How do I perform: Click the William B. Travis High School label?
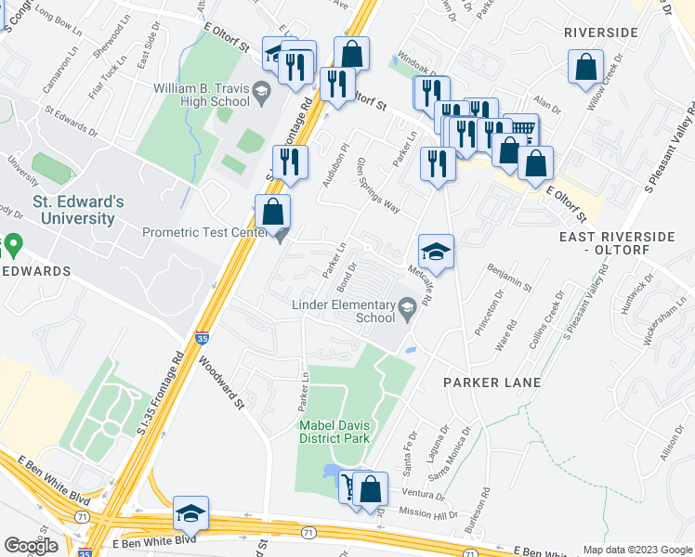[201, 96]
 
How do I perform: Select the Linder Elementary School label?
[343, 310]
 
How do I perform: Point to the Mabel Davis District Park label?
[334, 432]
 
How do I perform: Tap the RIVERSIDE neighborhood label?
[601, 32]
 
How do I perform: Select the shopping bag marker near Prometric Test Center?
[272, 212]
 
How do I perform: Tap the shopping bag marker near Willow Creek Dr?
[585, 68]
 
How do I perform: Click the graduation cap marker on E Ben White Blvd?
[190, 513]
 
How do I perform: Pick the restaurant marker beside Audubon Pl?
[291, 162]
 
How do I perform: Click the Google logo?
[32, 545]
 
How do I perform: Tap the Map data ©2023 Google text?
[637, 550]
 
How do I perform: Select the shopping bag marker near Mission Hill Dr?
[370, 489]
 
